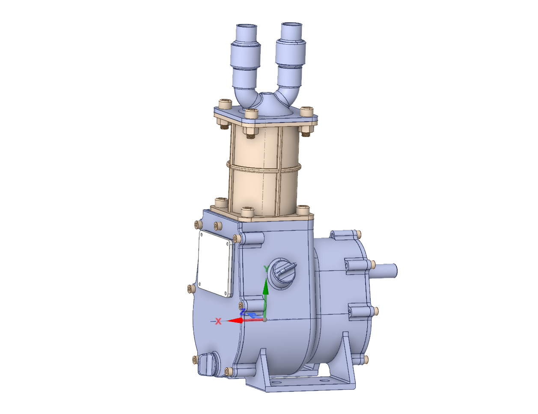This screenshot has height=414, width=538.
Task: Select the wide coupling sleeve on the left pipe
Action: click(246, 54)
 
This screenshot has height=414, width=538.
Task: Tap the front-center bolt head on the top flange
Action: click(251, 113)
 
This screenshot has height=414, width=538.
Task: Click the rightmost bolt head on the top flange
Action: click(306, 111)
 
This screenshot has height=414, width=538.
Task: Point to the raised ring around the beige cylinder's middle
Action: click(263, 167)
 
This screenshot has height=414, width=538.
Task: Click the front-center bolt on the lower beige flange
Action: click(247, 211)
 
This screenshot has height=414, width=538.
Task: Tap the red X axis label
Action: click(218, 321)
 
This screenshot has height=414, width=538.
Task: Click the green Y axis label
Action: click(266, 269)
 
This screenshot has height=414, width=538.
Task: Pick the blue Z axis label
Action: click(243, 312)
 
